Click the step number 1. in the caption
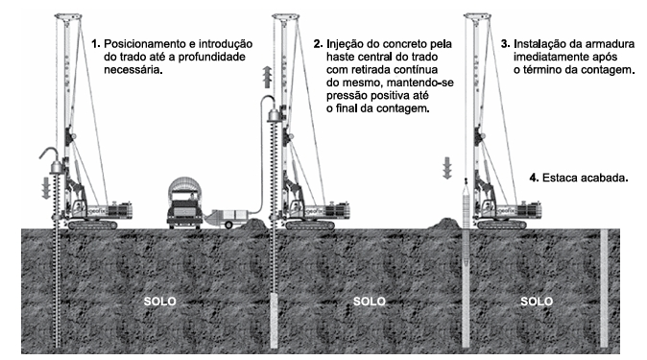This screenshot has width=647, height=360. pos(96,44)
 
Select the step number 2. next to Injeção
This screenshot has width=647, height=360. pos(318,44)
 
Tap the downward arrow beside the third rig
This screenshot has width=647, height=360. pos(446,170)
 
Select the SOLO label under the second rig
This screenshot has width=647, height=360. pos(369,301)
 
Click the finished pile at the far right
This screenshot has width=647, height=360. pos(603,288)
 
